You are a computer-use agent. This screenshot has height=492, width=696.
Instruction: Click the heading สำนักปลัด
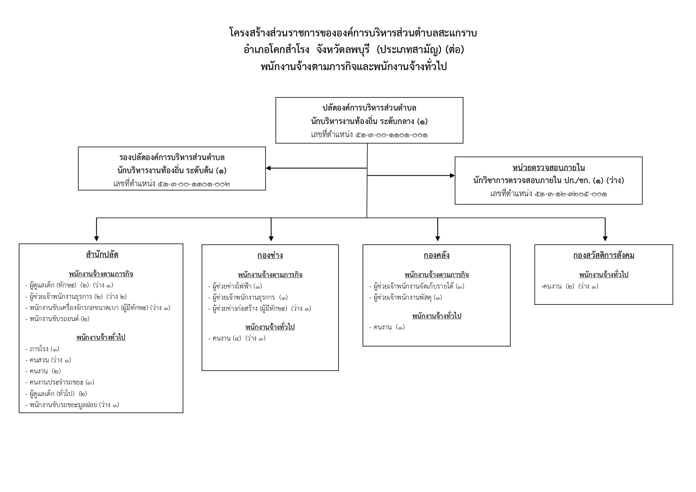coord(102,255)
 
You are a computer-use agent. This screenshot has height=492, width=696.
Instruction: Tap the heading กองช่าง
coord(270,255)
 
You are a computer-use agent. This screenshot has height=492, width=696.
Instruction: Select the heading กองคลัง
coord(436,255)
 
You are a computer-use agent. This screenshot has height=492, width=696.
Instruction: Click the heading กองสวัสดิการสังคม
coord(604,255)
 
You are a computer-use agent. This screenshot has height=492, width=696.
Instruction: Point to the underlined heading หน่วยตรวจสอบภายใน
coord(548,167)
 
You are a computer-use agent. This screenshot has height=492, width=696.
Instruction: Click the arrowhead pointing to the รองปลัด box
coord(268,168)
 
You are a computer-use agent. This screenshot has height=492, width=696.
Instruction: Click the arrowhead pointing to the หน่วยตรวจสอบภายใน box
coord(452,175)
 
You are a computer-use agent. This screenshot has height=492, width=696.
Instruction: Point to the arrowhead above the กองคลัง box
coord(438,239)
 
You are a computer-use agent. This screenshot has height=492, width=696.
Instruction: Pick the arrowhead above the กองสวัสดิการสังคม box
coord(605,239)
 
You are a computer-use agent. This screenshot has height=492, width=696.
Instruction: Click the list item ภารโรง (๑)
coord(42,349)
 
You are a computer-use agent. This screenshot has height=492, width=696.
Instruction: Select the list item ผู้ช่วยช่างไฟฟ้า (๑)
coord(235,286)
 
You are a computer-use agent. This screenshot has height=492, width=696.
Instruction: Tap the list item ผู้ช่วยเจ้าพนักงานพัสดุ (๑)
coord(406,297)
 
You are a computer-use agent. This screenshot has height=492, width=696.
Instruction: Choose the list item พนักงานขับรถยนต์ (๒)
coord(57,319)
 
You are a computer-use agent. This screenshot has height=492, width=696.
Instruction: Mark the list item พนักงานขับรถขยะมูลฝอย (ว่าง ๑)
coord(72,405)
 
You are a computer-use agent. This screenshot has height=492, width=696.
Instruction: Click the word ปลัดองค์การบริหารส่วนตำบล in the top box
coord(369,108)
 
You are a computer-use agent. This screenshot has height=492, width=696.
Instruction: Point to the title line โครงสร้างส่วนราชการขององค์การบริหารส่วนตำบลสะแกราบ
coord(353,33)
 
